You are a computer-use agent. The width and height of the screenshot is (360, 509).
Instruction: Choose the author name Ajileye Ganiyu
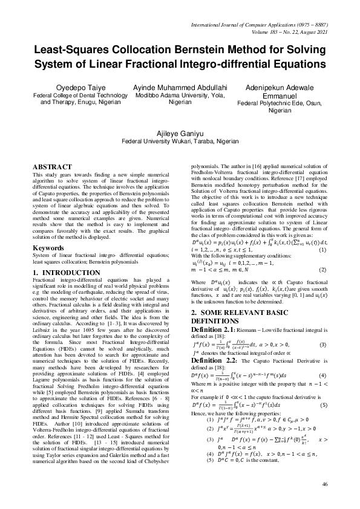tap(180, 132)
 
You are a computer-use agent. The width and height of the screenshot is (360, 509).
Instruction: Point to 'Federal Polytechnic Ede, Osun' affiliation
tap(271, 103)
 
